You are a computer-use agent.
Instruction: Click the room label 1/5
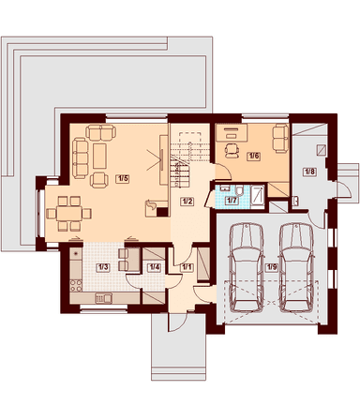pyautogui.click(x=123, y=179)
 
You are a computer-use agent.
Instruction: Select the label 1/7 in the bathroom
pyautogui.click(x=232, y=201)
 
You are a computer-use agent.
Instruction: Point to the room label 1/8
pyautogui.click(x=309, y=172)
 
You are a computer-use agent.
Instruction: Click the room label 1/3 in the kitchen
pyautogui.click(x=103, y=267)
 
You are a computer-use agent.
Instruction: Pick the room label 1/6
pyautogui.click(x=253, y=156)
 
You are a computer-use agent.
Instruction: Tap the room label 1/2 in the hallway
pyautogui.click(x=187, y=202)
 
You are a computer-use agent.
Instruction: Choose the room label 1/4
pyautogui.click(x=154, y=267)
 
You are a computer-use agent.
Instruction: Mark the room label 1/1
pyautogui.click(x=187, y=267)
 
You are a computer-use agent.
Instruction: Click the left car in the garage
pyautogui.click(x=247, y=267)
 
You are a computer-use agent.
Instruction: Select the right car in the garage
pyautogui.click(x=296, y=267)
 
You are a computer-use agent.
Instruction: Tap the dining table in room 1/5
pyautogui.click(x=69, y=214)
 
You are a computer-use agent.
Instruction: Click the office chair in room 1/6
pyautogui.click(x=232, y=150)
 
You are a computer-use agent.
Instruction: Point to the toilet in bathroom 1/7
pyautogui.click(x=240, y=191)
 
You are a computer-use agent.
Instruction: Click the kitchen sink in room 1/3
pyautogui.click(x=103, y=298)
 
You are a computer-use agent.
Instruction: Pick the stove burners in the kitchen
pyautogui.click(x=76, y=285)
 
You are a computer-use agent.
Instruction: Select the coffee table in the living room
pyautogui.click(x=99, y=156)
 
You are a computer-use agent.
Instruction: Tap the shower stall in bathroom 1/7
pyautogui.click(x=258, y=196)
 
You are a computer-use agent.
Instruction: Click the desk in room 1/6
pyautogui.click(x=232, y=132)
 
